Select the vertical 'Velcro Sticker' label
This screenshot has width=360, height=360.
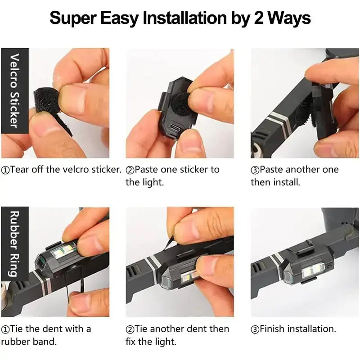14,90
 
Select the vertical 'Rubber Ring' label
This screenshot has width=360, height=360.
14,243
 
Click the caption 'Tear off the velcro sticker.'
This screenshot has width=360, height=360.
62,170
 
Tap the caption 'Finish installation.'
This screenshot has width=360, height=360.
293,329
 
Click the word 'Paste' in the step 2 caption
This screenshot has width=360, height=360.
147,170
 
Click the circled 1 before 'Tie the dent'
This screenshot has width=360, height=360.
5,329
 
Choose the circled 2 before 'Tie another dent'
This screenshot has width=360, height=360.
130,329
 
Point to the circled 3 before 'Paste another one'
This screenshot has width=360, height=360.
255,170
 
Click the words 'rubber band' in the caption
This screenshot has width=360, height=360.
29,342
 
